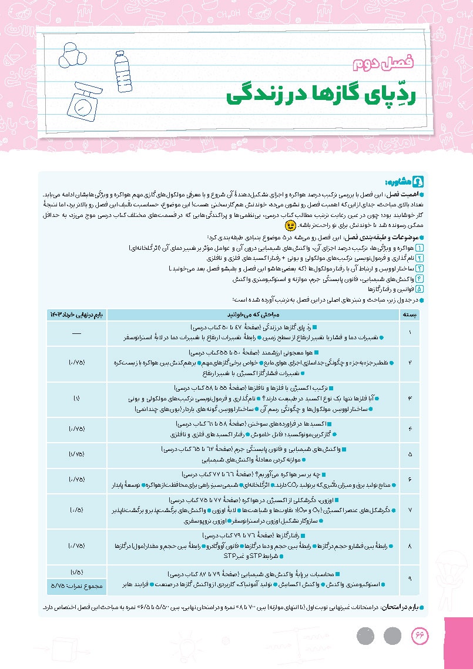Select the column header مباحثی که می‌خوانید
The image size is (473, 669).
[253, 315]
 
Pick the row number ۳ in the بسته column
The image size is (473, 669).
[410, 399]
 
